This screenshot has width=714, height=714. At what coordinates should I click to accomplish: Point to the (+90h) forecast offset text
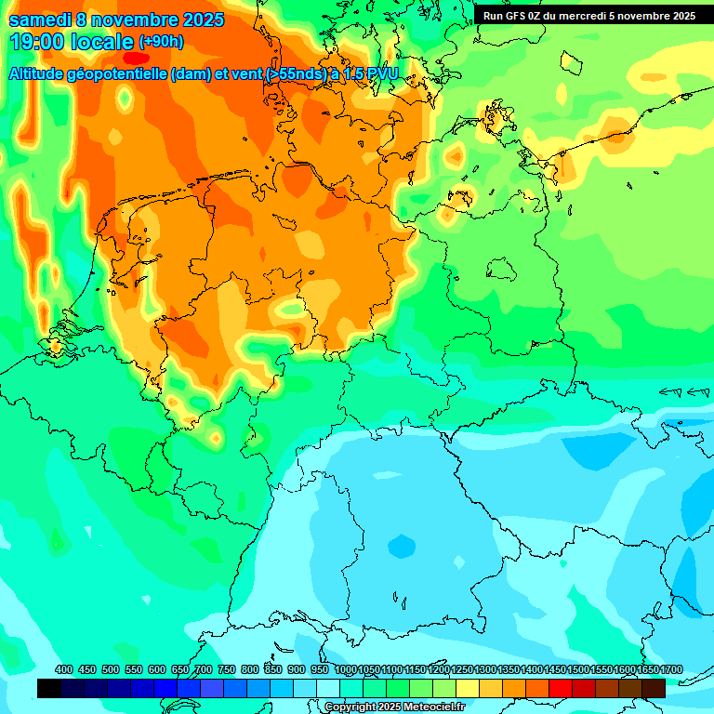(x=161, y=42)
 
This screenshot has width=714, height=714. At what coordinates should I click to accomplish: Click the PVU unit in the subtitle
(x=381, y=73)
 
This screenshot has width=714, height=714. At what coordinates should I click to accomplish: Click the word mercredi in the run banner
(x=581, y=16)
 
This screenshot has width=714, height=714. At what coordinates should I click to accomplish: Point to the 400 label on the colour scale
(x=64, y=669)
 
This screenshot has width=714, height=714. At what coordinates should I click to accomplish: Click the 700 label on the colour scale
(x=204, y=669)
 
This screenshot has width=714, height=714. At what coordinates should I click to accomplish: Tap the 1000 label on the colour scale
(x=346, y=669)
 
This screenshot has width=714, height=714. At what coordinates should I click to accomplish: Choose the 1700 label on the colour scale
(x=671, y=669)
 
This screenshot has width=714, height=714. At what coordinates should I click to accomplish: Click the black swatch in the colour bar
(x=49, y=688)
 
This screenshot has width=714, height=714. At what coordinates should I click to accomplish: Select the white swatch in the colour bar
(x=328, y=688)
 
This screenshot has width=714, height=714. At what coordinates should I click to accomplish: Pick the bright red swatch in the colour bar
(x=561, y=688)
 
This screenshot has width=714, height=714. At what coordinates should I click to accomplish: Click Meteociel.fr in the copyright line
(x=430, y=707)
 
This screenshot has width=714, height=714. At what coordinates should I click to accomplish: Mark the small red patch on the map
(x=136, y=58)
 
